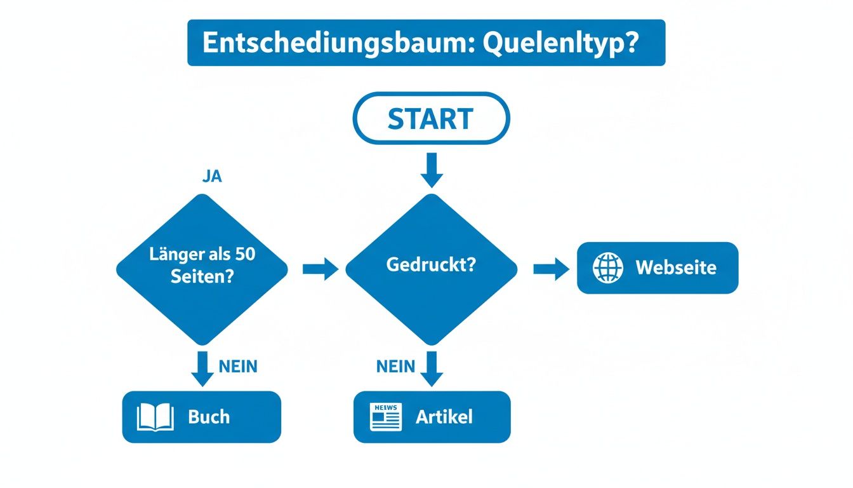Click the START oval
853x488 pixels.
tap(431, 119)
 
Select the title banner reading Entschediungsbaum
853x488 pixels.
tap(426, 43)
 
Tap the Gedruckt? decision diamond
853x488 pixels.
tap(431, 269)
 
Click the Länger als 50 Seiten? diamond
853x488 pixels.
tap(202, 269)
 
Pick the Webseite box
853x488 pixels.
tap(658, 268)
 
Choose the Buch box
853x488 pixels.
tap(201, 417)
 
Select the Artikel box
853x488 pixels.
tap(432, 417)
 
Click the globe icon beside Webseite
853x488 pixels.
tap(608, 268)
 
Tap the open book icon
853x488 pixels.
tap(155, 417)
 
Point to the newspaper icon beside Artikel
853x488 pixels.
tap(386, 417)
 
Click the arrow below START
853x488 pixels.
tap(431, 170)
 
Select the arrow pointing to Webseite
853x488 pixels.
tap(551, 269)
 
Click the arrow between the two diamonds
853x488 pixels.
tap(321, 269)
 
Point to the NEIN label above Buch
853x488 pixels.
tap(238, 367)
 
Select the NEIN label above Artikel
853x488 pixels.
tap(395, 367)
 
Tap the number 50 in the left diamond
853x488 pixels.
tap(244, 255)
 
